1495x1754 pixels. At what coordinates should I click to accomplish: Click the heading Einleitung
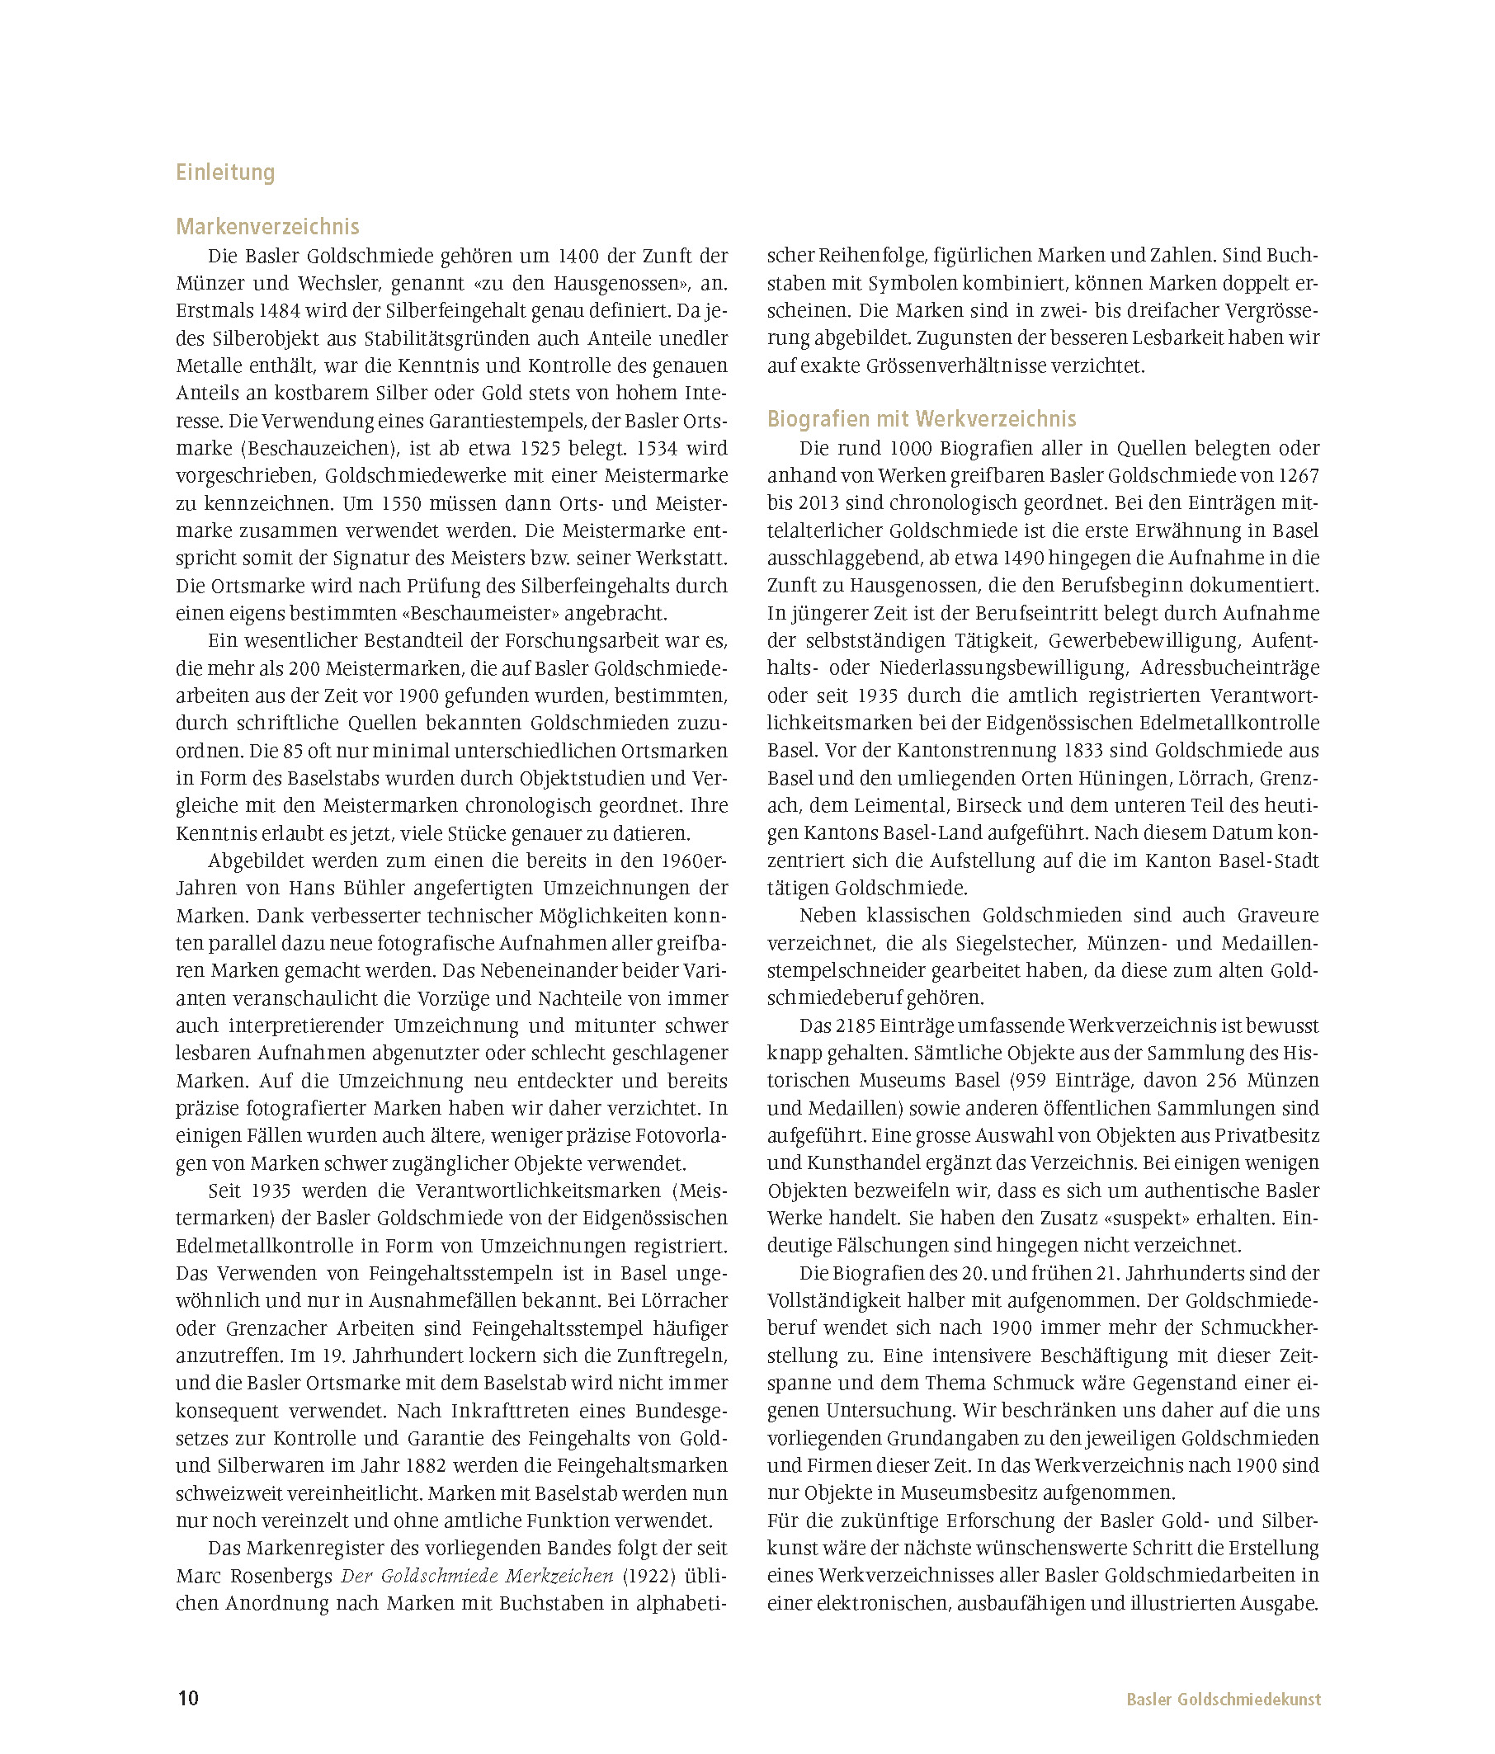pos(225,172)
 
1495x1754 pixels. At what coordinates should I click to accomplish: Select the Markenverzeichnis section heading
pos(267,227)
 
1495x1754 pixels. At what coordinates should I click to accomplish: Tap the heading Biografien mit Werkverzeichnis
pos(922,419)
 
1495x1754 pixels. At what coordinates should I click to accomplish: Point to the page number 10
pos(188,1698)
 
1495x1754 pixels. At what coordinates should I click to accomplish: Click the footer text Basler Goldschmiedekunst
pos(1224,1699)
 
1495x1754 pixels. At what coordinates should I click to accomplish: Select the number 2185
pos(854,1026)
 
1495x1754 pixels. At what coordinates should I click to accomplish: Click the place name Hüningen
pos(1117,778)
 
